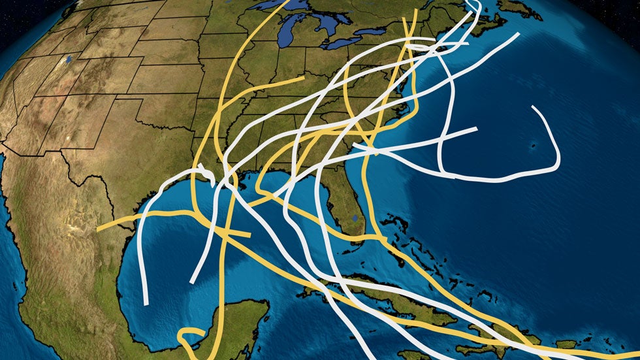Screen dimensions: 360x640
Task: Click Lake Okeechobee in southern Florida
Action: (x=354, y=217)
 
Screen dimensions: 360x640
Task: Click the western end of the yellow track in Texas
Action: (x=98, y=229)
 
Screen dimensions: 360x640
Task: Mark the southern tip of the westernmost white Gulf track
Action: (x=146, y=304)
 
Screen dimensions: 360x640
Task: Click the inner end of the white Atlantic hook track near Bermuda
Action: (x=534, y=106)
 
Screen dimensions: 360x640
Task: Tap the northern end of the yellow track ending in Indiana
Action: (x=303, y=78)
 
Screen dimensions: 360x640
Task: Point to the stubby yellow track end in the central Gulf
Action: (x=249, y=235)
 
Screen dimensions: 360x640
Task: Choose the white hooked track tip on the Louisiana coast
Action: (x=212, y=179)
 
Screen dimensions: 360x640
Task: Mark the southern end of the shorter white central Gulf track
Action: (x=191, y=282)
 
